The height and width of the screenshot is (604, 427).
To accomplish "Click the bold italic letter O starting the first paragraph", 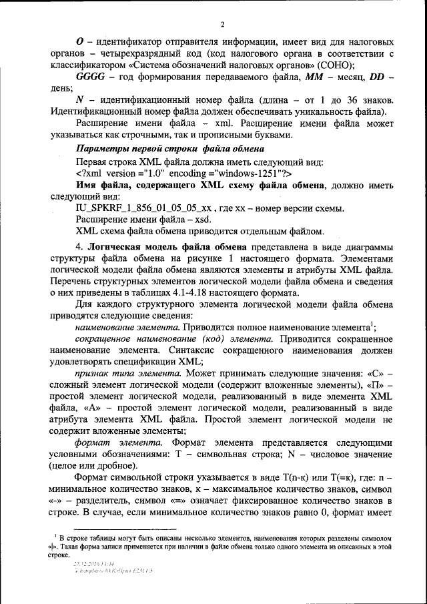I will coord(80,41).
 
